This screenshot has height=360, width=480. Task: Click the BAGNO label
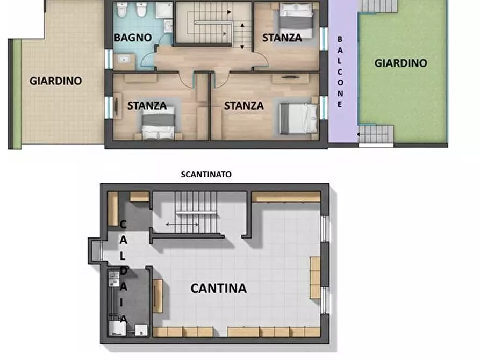pos(133,38)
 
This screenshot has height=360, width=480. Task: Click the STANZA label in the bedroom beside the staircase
pos(282,38)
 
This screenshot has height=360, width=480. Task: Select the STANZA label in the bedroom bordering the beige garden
pos(147,106)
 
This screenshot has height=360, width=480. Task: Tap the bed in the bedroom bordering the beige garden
pos(158,123)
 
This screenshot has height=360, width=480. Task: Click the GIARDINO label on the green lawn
pos(401,63)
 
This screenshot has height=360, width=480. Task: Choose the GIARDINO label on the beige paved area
pos(56,81)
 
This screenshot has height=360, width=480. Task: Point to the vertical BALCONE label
pos(340,72)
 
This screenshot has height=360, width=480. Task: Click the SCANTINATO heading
pos(206,174)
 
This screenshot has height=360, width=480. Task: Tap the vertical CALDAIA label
pos(123,272)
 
